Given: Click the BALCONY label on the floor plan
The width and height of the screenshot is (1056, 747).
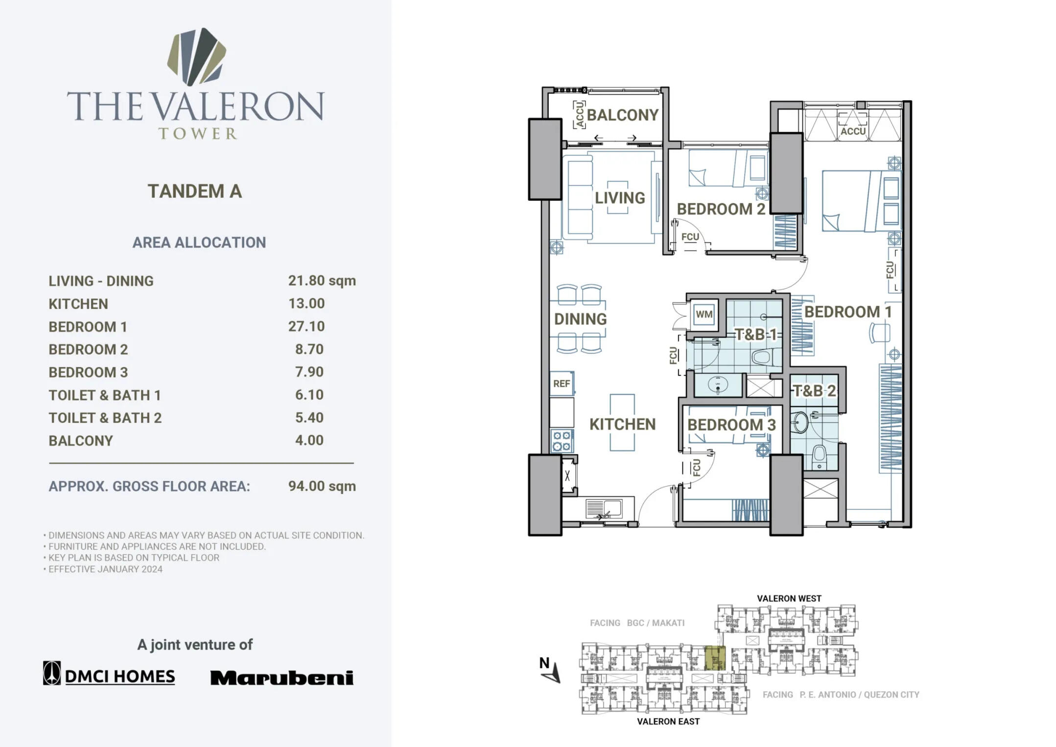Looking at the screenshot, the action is point(622,115).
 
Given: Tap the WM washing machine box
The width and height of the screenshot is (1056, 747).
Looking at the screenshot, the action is point(704,314).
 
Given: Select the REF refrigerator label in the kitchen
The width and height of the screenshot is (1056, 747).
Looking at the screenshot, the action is point(562,384).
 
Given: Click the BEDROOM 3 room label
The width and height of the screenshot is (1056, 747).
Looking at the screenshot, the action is point(731,425).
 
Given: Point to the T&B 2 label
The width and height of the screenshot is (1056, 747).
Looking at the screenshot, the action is point(814,391).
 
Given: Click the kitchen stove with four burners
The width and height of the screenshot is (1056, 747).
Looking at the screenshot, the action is point(562,441).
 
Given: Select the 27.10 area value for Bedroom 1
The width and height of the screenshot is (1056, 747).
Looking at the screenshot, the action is point(306,327).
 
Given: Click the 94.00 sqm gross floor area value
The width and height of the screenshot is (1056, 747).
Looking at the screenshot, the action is point(322,486).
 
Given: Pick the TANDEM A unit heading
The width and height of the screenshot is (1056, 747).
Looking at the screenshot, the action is point(195,191).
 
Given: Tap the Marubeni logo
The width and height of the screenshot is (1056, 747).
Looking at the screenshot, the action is point(282,678).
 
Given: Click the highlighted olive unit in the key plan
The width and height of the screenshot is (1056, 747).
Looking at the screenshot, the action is point(715,658).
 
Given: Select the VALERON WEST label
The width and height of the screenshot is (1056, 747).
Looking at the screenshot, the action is point(789,599).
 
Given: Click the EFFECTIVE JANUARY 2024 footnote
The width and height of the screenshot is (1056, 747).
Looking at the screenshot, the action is point(105,569).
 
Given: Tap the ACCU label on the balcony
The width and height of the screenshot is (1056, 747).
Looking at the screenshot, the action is point(580,115).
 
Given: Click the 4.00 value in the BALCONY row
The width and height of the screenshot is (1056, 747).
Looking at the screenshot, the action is point(309,441).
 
